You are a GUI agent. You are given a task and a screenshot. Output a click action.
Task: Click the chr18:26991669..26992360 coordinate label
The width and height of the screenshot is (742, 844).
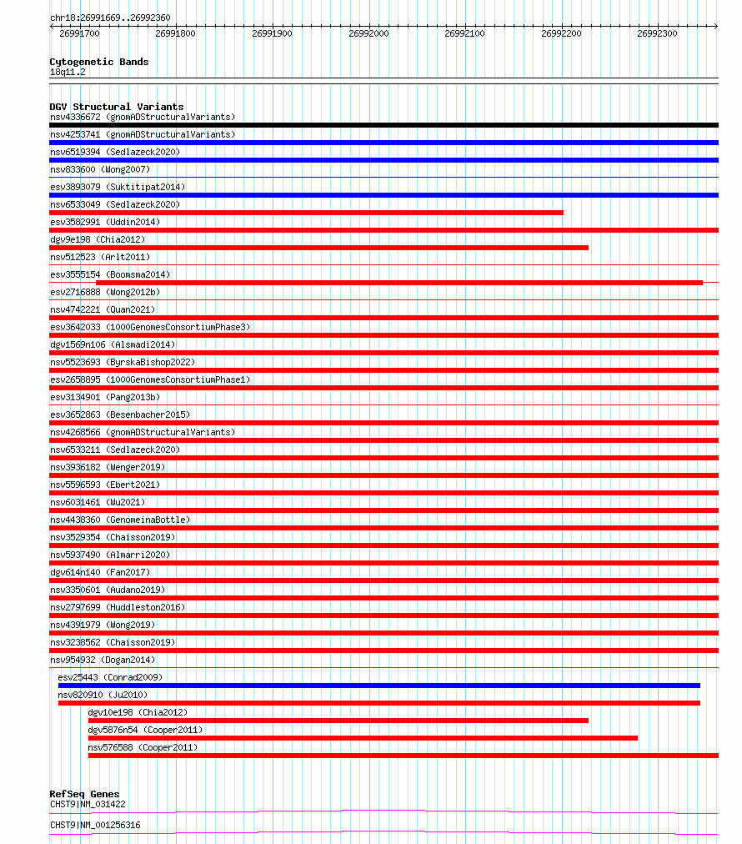point(110,18)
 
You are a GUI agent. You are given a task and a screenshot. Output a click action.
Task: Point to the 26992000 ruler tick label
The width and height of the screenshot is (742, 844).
point(368,34)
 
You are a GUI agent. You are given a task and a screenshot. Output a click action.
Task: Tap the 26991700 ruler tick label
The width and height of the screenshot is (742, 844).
point(79,34)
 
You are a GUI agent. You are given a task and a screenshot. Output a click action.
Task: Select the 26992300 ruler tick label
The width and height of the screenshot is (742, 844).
point(657,34)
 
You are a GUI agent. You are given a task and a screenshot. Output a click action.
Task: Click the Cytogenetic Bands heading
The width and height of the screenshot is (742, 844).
point(98,62)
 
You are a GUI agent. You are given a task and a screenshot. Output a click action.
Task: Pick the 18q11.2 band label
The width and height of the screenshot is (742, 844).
point(68,72)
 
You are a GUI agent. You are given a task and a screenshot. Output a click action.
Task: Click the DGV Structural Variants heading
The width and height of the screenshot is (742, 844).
point(116,107)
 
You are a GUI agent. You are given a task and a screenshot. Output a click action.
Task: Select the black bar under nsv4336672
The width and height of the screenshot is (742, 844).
point(384,125)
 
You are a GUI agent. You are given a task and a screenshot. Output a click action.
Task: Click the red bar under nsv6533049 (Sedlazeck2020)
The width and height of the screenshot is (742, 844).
point(306,213)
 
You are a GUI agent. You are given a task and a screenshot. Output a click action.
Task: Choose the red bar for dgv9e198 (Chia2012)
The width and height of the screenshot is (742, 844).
point(318,248)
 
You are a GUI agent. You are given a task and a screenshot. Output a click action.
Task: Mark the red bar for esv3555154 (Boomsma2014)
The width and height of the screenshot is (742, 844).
point(399,283)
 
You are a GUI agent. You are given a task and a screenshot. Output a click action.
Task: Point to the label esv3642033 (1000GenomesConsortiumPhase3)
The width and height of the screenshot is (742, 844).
point(149,327)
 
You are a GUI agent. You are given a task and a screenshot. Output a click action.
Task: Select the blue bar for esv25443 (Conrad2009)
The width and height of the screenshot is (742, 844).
point(379,686)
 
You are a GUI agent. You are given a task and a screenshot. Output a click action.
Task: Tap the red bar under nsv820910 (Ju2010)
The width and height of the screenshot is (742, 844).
point(379,703)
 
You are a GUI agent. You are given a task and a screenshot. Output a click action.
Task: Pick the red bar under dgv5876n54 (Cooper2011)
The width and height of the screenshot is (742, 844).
point(363,738)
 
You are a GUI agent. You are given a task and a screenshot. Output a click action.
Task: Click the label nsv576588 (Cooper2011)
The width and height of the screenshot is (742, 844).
point(143,747)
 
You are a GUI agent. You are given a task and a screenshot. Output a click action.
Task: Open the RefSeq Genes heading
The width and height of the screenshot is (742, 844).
point(84,794)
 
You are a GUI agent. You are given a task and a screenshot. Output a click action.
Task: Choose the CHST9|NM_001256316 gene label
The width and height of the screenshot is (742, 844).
point(95,825)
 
